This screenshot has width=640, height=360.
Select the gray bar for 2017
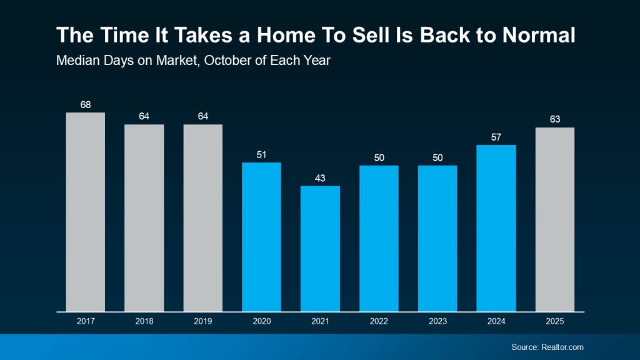[86, 212]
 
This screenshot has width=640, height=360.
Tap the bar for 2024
[496, 228]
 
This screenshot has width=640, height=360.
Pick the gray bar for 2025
[554, 219]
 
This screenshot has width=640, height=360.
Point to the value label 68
[86, 104]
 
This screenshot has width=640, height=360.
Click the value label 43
[320, 177]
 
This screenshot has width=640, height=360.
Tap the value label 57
[496, 137]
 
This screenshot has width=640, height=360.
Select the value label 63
[554, 119]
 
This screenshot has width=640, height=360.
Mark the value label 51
[261, 154]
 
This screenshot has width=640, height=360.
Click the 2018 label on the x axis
[144, 321]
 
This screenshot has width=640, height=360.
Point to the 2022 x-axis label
[379, 321]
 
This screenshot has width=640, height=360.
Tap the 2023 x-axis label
[437, 321]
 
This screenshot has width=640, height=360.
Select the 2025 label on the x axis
[554, 321]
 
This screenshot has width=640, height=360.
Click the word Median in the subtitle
[76, 61]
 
